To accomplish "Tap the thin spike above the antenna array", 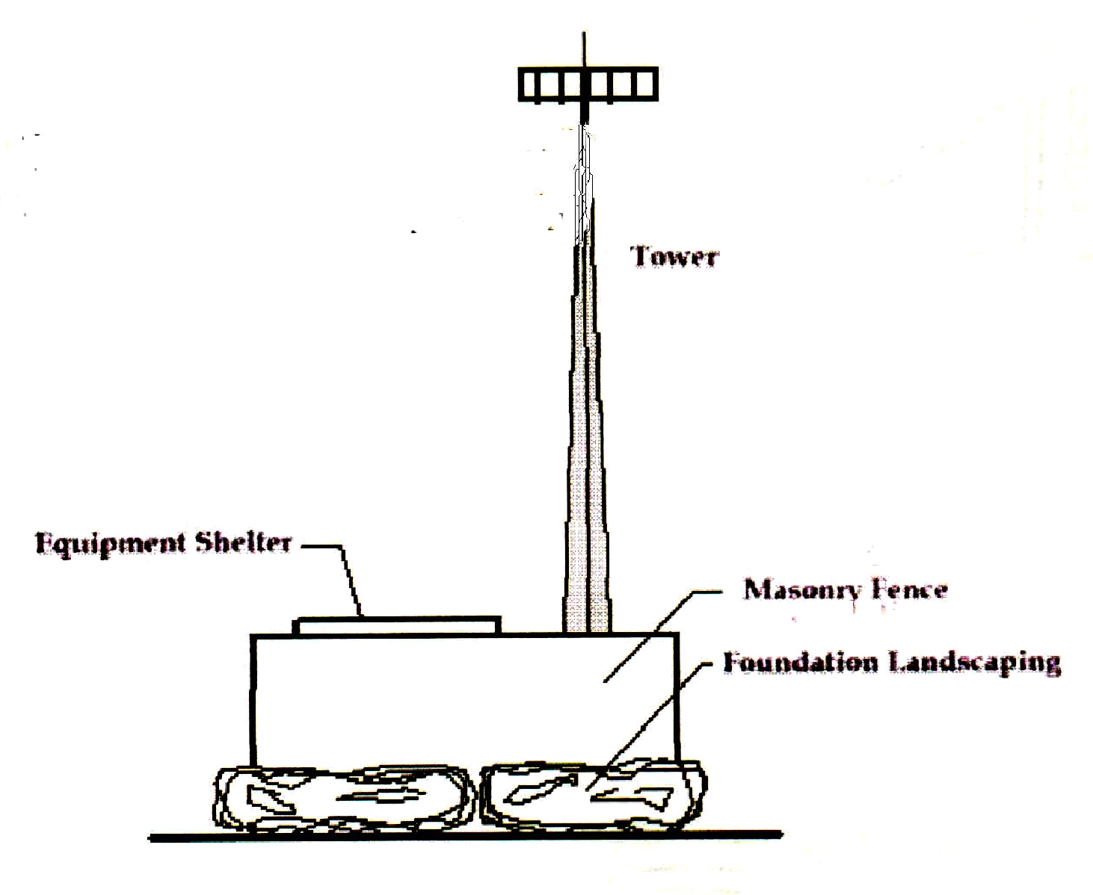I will click(x=585, y=49).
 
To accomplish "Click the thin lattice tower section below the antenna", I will click(x=584, y=179).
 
